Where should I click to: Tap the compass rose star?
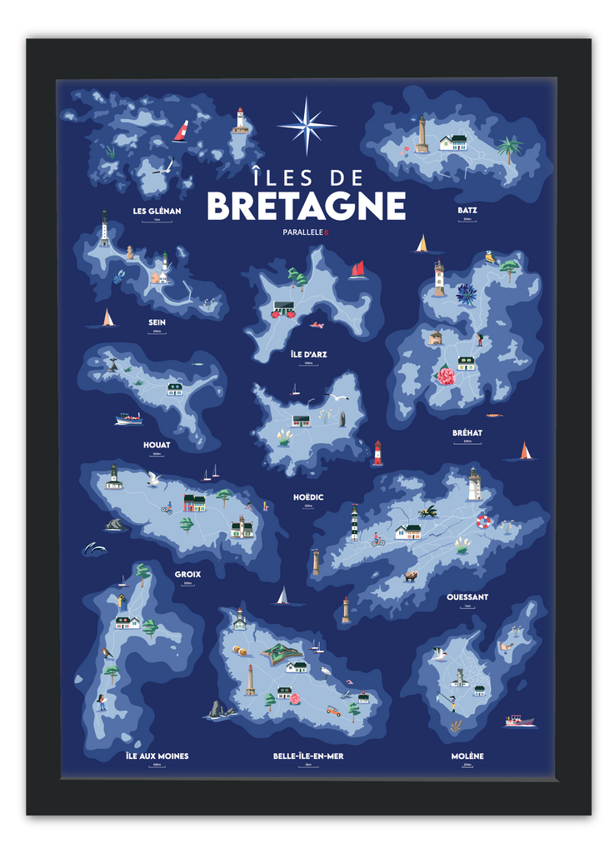[x=307, y=126]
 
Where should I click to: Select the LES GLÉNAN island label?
[x=157, y=211]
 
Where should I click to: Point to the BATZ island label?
[x=467, y=210]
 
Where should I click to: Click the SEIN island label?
[x=157, y=322]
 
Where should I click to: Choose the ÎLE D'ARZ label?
[x=308, y=354]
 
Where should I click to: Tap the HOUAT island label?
[x=157, y=445]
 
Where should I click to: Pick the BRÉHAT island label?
[x=467, y=433]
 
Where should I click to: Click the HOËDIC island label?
[x=308, y=497]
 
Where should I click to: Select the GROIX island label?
[x=187, y=574]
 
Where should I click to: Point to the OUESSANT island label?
[x=467, y=597]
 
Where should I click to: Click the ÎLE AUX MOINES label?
[x=157, y=756]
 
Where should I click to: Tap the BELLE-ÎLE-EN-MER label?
[x=308, y=756]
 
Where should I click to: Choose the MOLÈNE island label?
[x=467, y=756]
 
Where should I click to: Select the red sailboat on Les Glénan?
[x=181, y=131]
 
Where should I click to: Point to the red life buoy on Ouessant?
[x=483, y=522]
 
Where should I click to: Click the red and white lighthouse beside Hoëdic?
[x=377, y=452]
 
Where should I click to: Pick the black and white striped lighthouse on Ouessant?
[x=354, y=522]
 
